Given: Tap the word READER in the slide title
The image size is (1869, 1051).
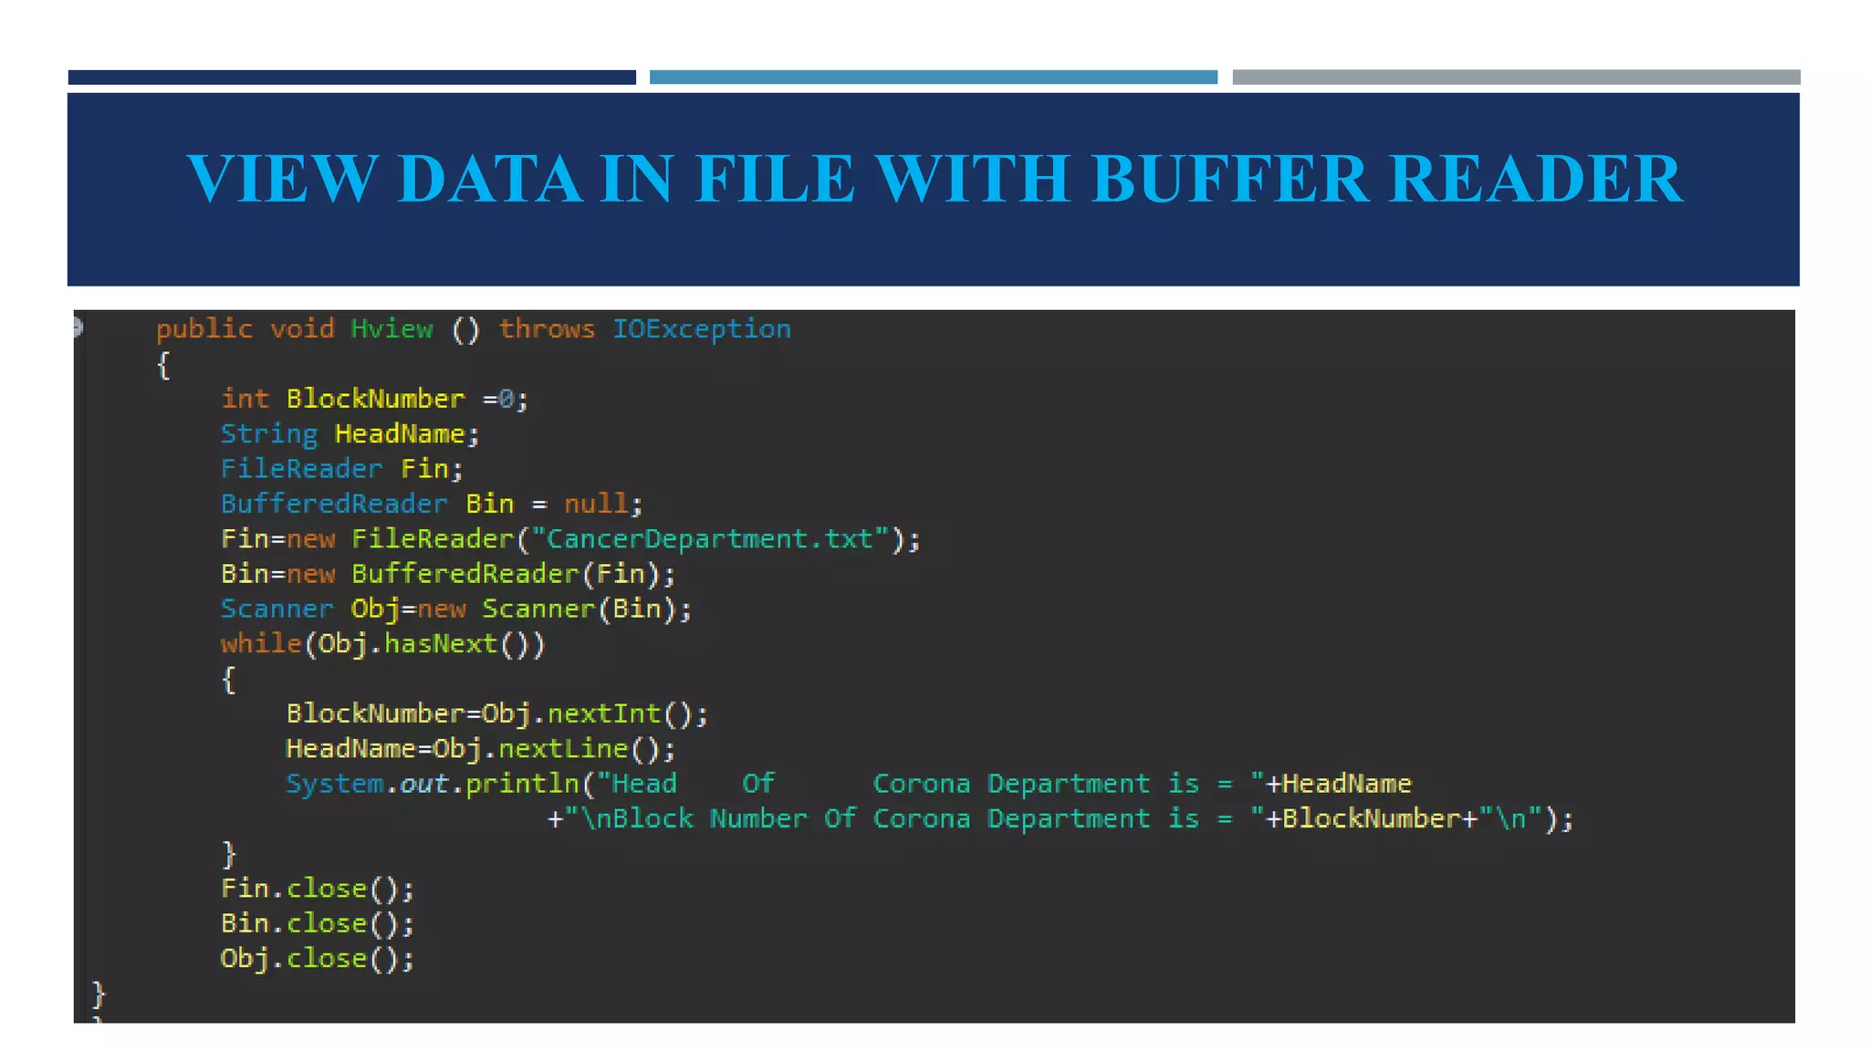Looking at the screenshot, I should click(1536, 178).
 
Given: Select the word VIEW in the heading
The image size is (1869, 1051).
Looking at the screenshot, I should click(282, 178).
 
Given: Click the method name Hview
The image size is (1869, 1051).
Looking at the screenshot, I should click(392, 328).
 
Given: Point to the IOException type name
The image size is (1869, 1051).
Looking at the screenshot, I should click(701, 328).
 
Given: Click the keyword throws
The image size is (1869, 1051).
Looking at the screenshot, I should click(547, 328).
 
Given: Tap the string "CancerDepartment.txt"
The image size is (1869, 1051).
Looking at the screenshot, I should click(710, 539).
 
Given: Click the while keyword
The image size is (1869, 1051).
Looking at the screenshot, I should click(260, 644).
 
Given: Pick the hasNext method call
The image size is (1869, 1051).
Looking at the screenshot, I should click(441, 644).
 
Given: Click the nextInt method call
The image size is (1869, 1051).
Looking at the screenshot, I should click(603, 713).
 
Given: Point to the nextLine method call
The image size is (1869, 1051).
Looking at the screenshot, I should click(563, 749).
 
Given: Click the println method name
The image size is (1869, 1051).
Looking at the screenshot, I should click(522, 784).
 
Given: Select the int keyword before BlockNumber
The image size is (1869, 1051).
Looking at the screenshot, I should click(245, 399).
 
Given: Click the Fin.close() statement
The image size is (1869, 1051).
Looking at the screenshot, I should click(317, 889).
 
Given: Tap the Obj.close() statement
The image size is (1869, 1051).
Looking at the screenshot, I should click(317, 959).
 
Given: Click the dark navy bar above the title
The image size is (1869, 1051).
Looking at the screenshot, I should click(351, 78).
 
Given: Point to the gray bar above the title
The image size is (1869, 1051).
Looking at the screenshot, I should click(1516, 78).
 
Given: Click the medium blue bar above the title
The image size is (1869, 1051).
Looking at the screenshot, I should click(933, 78).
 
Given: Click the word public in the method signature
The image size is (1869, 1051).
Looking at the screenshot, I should click(204, 328).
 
